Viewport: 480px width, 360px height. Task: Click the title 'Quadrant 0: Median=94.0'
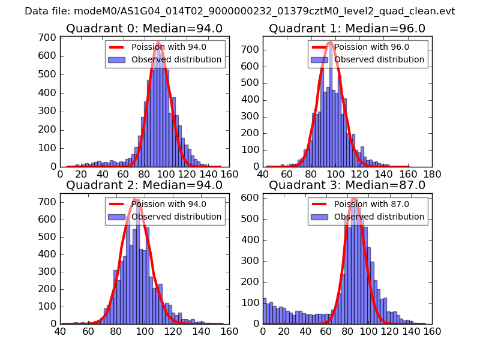144,29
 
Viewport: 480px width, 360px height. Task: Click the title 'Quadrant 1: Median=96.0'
347,29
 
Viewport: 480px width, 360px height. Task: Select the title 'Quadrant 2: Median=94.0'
144,185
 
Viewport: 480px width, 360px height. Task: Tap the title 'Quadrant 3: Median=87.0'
347,185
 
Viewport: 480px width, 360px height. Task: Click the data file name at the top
240,11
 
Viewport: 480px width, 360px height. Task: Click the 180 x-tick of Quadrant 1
432,175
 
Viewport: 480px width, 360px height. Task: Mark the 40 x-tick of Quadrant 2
60,331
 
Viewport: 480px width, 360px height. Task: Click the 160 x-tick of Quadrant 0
229,175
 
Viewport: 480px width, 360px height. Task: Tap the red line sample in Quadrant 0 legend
117,47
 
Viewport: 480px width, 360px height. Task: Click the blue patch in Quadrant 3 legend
320,217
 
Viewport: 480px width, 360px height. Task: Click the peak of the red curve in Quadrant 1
330,43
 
